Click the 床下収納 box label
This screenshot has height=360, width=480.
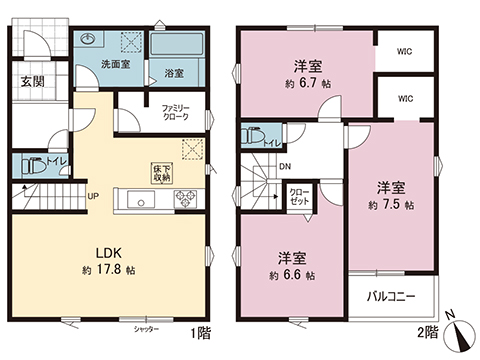(x=161, y=172)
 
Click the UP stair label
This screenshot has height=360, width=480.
(x=92, y=196)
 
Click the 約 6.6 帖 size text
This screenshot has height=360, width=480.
(x=292, y=274)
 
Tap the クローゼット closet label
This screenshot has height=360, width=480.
(x=299, y=195)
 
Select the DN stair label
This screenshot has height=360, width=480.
(x=284, y=167)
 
